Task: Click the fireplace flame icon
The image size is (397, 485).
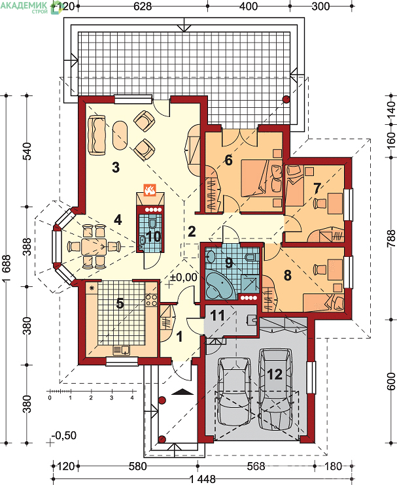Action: (150, 190)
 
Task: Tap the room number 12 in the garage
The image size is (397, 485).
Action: (275, 375)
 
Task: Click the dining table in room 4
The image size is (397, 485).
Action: (94, 246)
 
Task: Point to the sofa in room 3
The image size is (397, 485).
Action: (97, 135)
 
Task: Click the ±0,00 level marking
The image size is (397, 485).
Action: (183, 277)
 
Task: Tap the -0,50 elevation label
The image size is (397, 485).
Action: (63, 435)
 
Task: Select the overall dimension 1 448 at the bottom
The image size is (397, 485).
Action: (202, 479)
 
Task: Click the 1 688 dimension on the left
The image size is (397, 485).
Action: (7, 268)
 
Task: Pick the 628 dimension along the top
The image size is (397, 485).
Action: (143, 6)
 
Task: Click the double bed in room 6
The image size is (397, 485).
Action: (262, 178)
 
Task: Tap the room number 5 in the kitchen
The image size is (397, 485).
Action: (120, 303)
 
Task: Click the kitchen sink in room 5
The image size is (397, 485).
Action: (122, 350)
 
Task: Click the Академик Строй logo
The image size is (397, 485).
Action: (31, 7)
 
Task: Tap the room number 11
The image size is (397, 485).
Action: (217, 316)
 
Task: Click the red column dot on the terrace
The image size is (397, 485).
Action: (286, 99)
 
